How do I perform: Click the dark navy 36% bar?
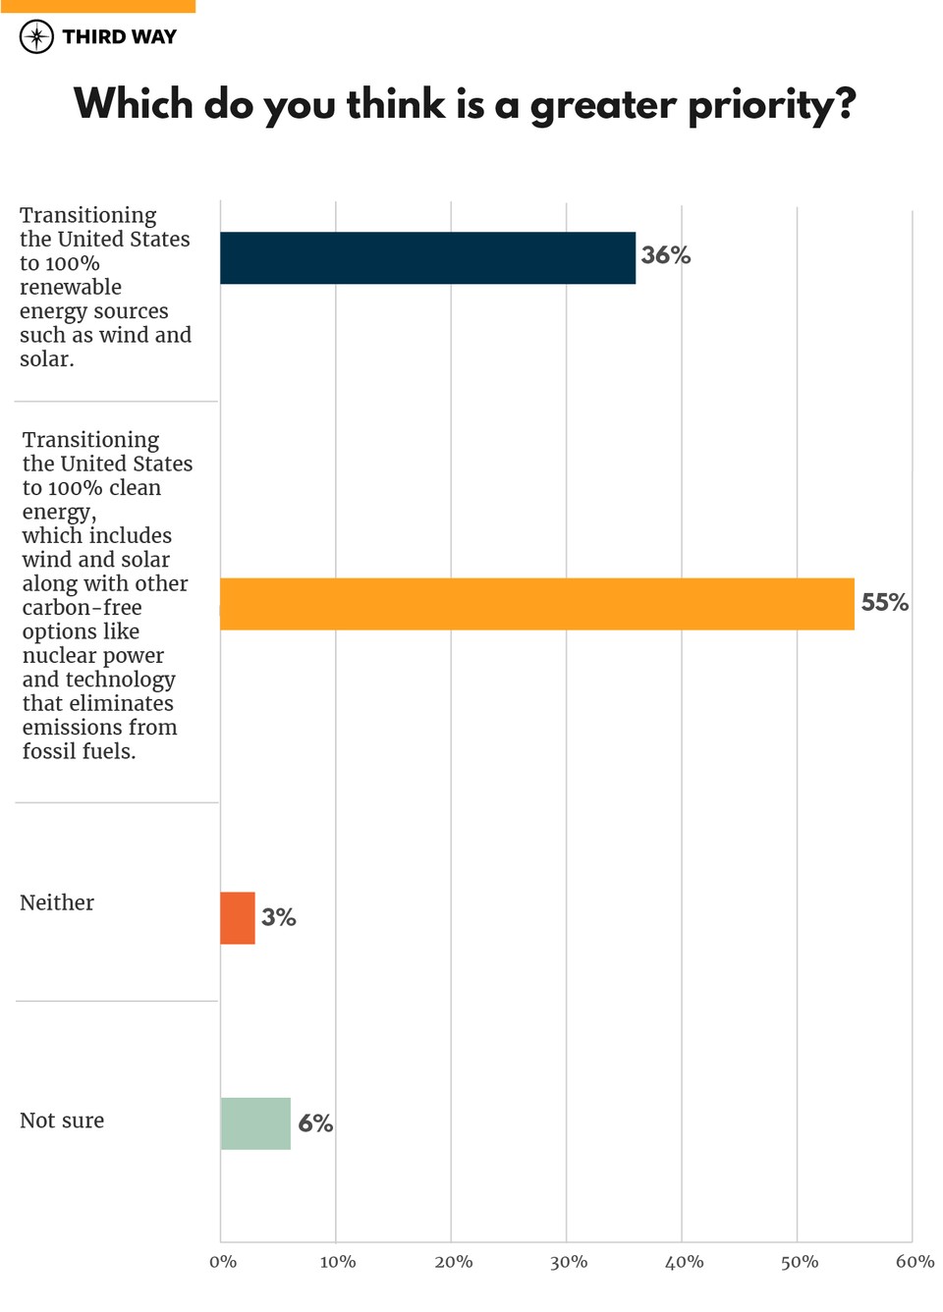[427, 258]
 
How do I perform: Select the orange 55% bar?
[536, 604]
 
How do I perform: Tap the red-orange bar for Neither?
[238, 918]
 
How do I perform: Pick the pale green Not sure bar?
[255, 1123]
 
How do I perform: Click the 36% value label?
[666, 255]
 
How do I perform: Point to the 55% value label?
[884, 602]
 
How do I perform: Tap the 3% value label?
[278, 917]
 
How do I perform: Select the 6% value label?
[315, 1123]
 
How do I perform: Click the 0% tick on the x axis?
[223, 1262]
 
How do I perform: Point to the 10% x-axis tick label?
[338, 1262]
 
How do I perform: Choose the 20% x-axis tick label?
[453, 1262]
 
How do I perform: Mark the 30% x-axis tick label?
[569, 1262]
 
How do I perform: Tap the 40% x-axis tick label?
[684, 1262]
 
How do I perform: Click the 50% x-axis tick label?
[800, 1262]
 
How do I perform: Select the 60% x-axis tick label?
[915, 1262]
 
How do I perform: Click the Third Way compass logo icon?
[36, 37]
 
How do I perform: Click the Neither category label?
[57, 902]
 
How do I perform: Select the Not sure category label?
[62, 1121]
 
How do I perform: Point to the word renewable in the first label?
[71, 287]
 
